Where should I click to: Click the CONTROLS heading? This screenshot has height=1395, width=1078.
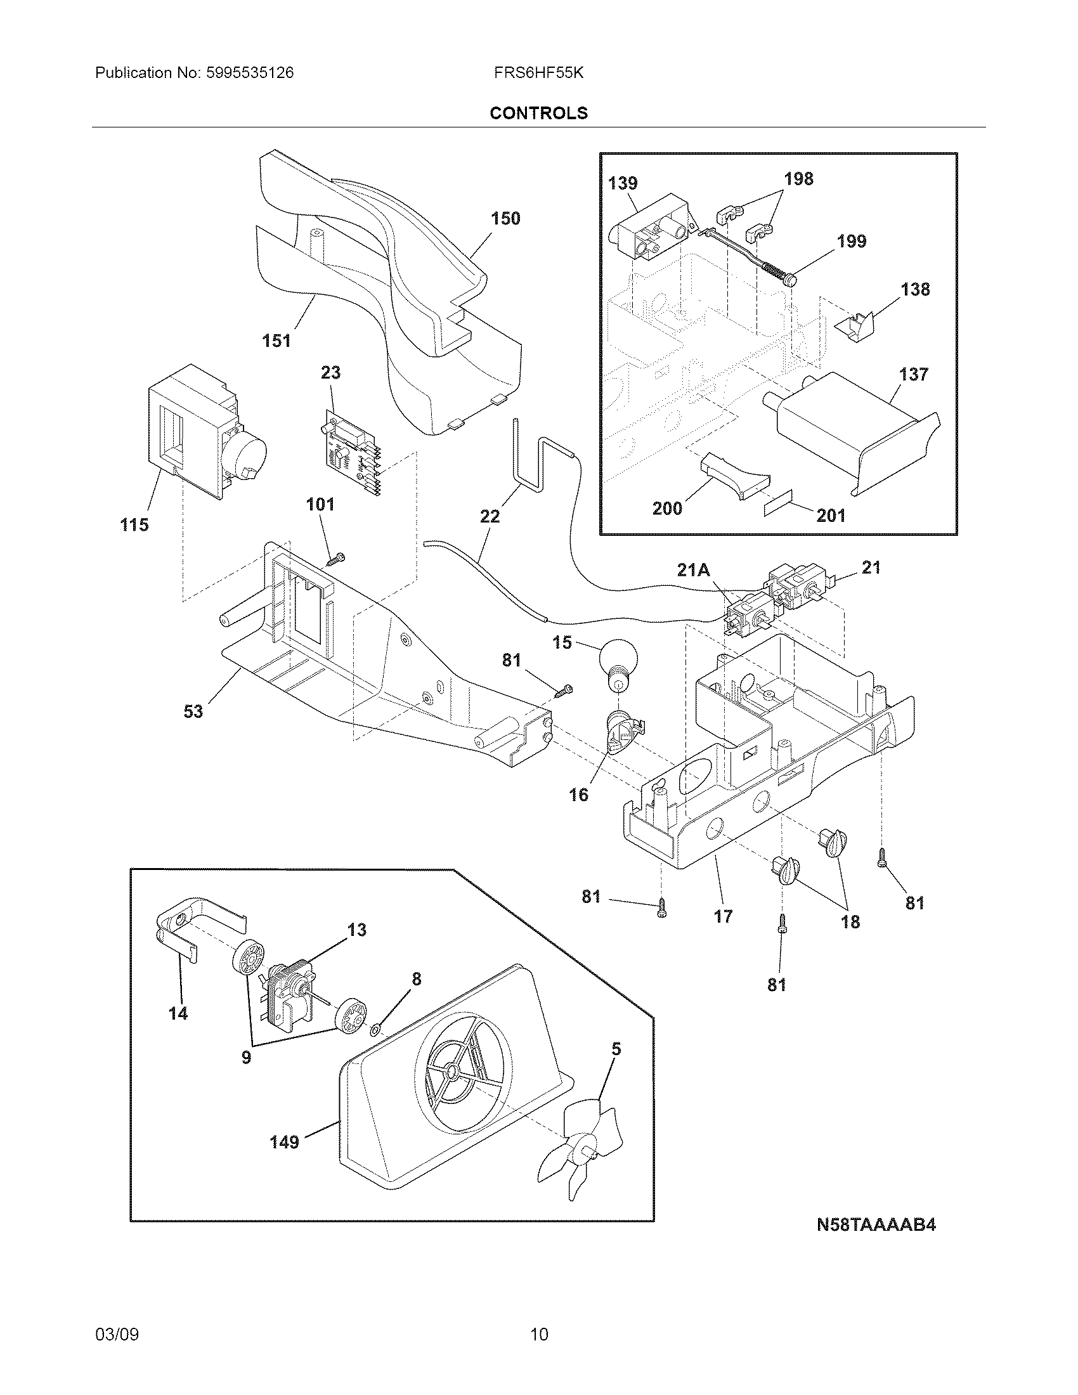click(x=538, y=113)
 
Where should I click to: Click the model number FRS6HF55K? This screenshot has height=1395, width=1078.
click(x=538, y=73)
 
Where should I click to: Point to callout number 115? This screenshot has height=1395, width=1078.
click(x=134, y=525)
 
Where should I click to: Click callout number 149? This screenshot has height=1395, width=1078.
click(x=285, y=1141)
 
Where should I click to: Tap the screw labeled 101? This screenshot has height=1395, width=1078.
click(x=335, y=559)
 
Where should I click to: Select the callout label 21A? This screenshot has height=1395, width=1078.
click(x=693, y=570)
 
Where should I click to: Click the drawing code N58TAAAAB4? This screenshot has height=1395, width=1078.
click(x=876, y=1224)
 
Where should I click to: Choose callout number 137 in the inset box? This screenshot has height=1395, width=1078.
click(x=913, y=374)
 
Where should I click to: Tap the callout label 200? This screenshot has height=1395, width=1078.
click(x=667, y=509)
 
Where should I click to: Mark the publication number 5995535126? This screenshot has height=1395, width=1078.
click(x=250, y=73)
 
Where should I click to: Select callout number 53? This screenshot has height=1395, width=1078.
click(x=193, y=711)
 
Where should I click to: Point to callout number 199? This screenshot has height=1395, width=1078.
click(x=852, y=242)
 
